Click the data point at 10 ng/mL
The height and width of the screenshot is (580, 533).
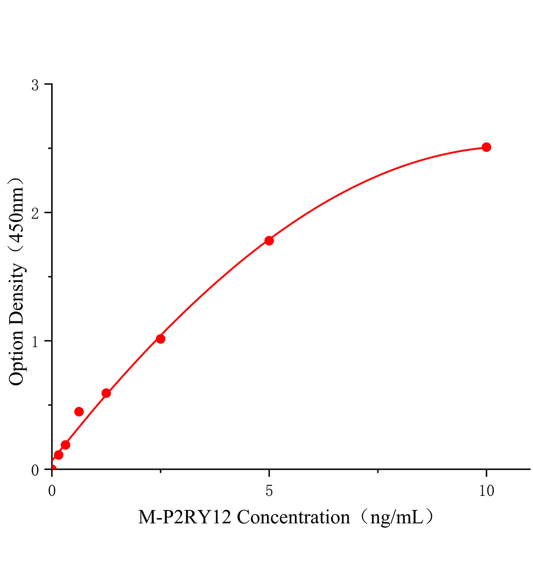[486, 147]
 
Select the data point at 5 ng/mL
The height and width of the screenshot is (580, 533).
[269, 240]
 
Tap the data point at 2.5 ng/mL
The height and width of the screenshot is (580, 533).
[160, 339]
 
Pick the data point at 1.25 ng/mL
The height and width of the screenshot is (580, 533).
[106, 393]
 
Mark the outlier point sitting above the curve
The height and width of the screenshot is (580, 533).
[79, 411]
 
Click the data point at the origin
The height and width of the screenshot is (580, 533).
[52, 469]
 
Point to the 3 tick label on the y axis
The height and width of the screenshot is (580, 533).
[34, 85]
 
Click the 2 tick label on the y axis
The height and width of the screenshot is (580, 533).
[34, 213]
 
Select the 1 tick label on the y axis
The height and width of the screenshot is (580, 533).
[34, 341]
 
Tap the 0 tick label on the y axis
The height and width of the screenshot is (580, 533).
[34, 470]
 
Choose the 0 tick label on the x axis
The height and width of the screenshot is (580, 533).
[52, 491]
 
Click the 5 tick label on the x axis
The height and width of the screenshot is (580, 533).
[269, 491]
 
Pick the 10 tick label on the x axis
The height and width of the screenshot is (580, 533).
[487, 491]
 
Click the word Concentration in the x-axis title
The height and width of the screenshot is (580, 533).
[293, 517]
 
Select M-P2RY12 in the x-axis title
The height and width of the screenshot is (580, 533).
[185, 517]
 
